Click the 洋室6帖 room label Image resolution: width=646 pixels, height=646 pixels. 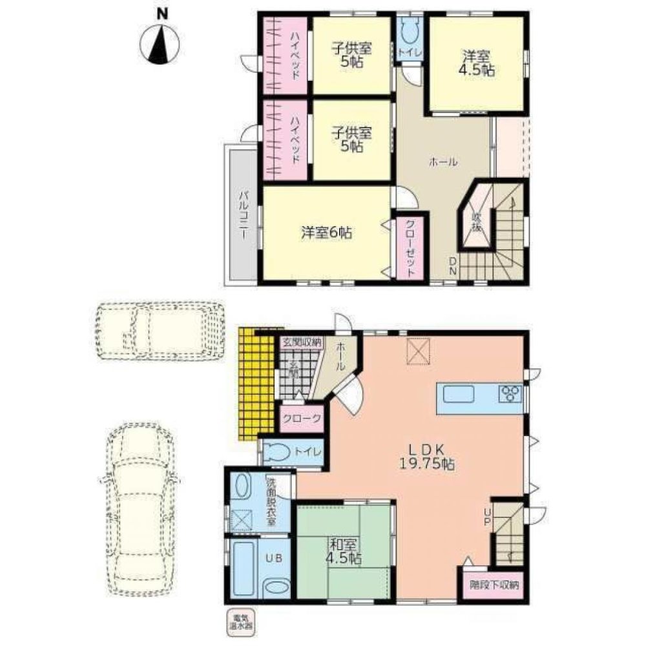pos(326,233)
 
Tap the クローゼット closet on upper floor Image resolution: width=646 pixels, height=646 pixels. pos(410,247)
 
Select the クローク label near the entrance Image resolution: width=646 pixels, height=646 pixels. pos(301,419)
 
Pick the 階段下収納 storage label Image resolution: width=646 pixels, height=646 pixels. pos(494,587)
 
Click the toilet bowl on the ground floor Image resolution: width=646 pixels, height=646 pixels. pos(277,452)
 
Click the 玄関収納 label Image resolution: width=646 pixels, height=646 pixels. pos(301,342)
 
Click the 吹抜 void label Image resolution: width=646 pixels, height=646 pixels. pos(477,222)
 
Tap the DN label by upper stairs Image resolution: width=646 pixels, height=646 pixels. pos(454,265)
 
